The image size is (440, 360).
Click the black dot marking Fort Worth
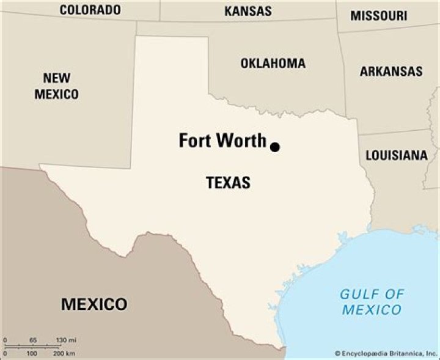275,147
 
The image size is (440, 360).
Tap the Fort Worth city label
222,141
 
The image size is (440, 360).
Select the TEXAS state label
228,182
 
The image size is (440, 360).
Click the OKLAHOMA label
273,64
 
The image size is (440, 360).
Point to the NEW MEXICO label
56,86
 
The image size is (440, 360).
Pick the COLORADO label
90,10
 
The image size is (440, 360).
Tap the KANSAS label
248,10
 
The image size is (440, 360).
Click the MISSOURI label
378,16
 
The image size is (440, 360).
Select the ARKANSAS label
391,71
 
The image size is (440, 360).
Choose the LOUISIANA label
397,155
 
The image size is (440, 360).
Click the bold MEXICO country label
94,304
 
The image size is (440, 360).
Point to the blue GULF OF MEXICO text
372,302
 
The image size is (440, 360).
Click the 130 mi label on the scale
66,340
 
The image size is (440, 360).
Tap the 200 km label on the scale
64,354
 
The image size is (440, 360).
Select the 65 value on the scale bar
33,340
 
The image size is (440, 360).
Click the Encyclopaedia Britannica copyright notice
385,353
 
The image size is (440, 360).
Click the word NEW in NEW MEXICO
56,78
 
